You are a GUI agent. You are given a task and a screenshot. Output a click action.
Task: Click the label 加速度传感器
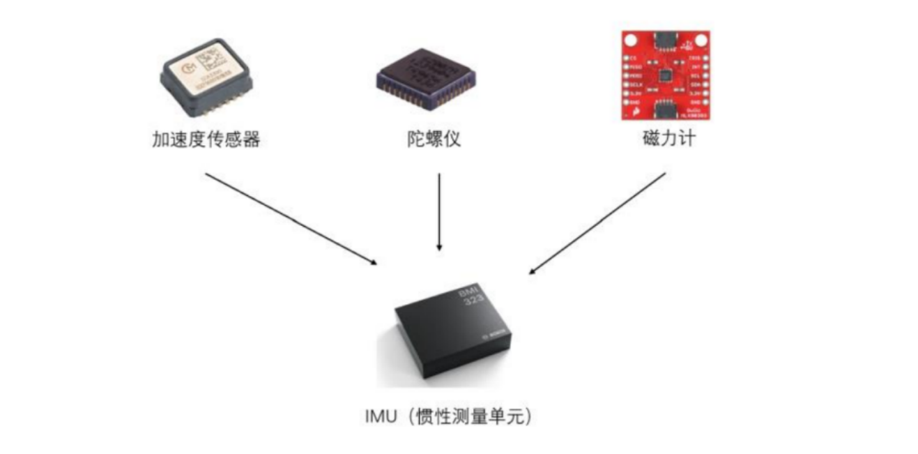pyautogui.click(x=206, y=139)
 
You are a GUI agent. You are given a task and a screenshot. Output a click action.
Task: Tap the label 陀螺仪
pyautogui.click(x=434, y=139)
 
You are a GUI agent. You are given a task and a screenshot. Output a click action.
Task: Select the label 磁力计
pyautogui.click(x=668, y=139)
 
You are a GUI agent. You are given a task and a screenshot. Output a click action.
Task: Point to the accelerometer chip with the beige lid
pyautogui.click(x=206, y=77)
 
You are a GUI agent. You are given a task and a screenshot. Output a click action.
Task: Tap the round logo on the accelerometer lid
pyautogui.click(x=186, y=68)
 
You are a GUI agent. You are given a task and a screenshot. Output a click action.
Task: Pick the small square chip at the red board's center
pyautogui.click(x=666, y=75)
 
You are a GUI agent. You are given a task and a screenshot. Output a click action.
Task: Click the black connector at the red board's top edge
pyautogui.click(x=666, y=40)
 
